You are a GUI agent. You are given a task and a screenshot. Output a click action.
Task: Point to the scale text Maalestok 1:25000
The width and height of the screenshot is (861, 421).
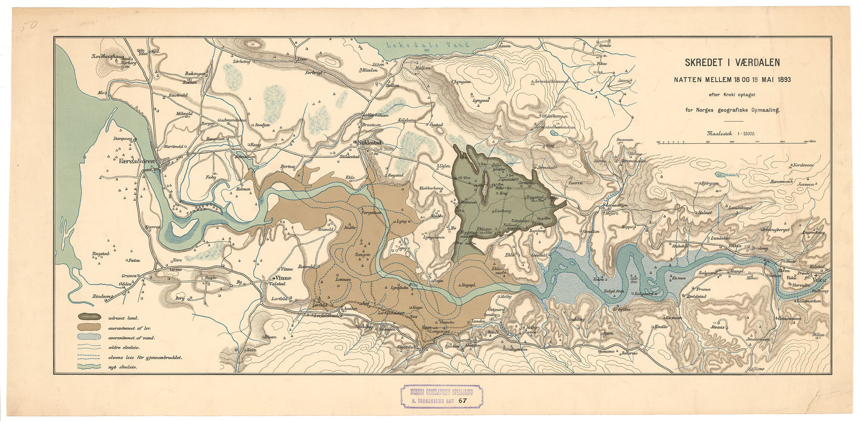(731, 134)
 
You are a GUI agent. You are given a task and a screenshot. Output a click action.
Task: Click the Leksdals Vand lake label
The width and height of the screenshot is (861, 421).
(419, 45)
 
